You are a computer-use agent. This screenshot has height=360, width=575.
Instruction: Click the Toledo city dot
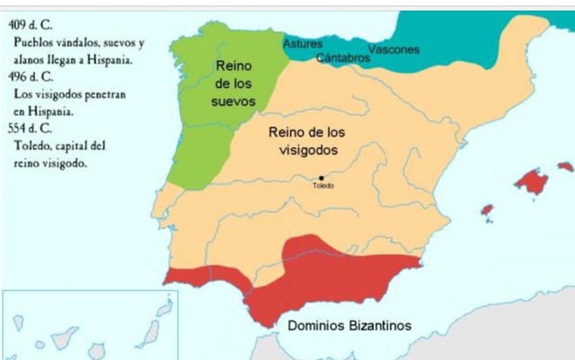click(322, 178)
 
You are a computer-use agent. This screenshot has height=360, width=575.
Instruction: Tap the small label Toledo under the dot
click(323, 186)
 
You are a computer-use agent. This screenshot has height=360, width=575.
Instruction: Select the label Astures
click(303, 44)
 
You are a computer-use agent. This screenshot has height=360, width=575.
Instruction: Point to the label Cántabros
click(343, 57)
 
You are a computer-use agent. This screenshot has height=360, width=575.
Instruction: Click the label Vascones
click(394, 48)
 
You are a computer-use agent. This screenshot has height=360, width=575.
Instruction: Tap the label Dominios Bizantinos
click(349, 326)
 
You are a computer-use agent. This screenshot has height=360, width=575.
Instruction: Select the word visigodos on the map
click(307, 150)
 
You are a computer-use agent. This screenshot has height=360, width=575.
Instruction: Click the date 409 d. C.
click(31, 16)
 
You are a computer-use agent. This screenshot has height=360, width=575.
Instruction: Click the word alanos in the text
click(29, 59)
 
